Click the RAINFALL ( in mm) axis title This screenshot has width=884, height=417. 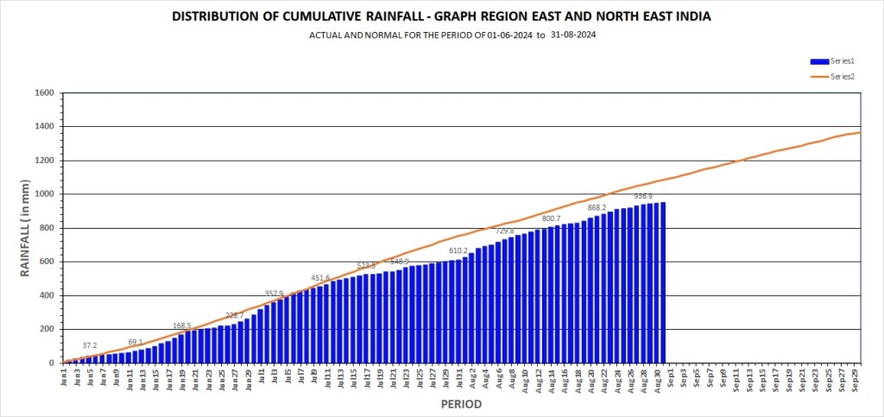[25, 228]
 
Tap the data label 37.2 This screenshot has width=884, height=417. [90, 345]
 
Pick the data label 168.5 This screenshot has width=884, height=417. [182, 325]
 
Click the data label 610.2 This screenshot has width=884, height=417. [458, 250]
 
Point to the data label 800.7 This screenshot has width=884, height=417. [552, 218]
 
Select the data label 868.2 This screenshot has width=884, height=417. [597, 207]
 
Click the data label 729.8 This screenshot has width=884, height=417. [505, 231]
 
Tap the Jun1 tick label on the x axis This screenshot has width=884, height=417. [65, 378]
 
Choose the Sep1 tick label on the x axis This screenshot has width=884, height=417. [670, 379]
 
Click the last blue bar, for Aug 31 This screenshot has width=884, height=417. [663, 282]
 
